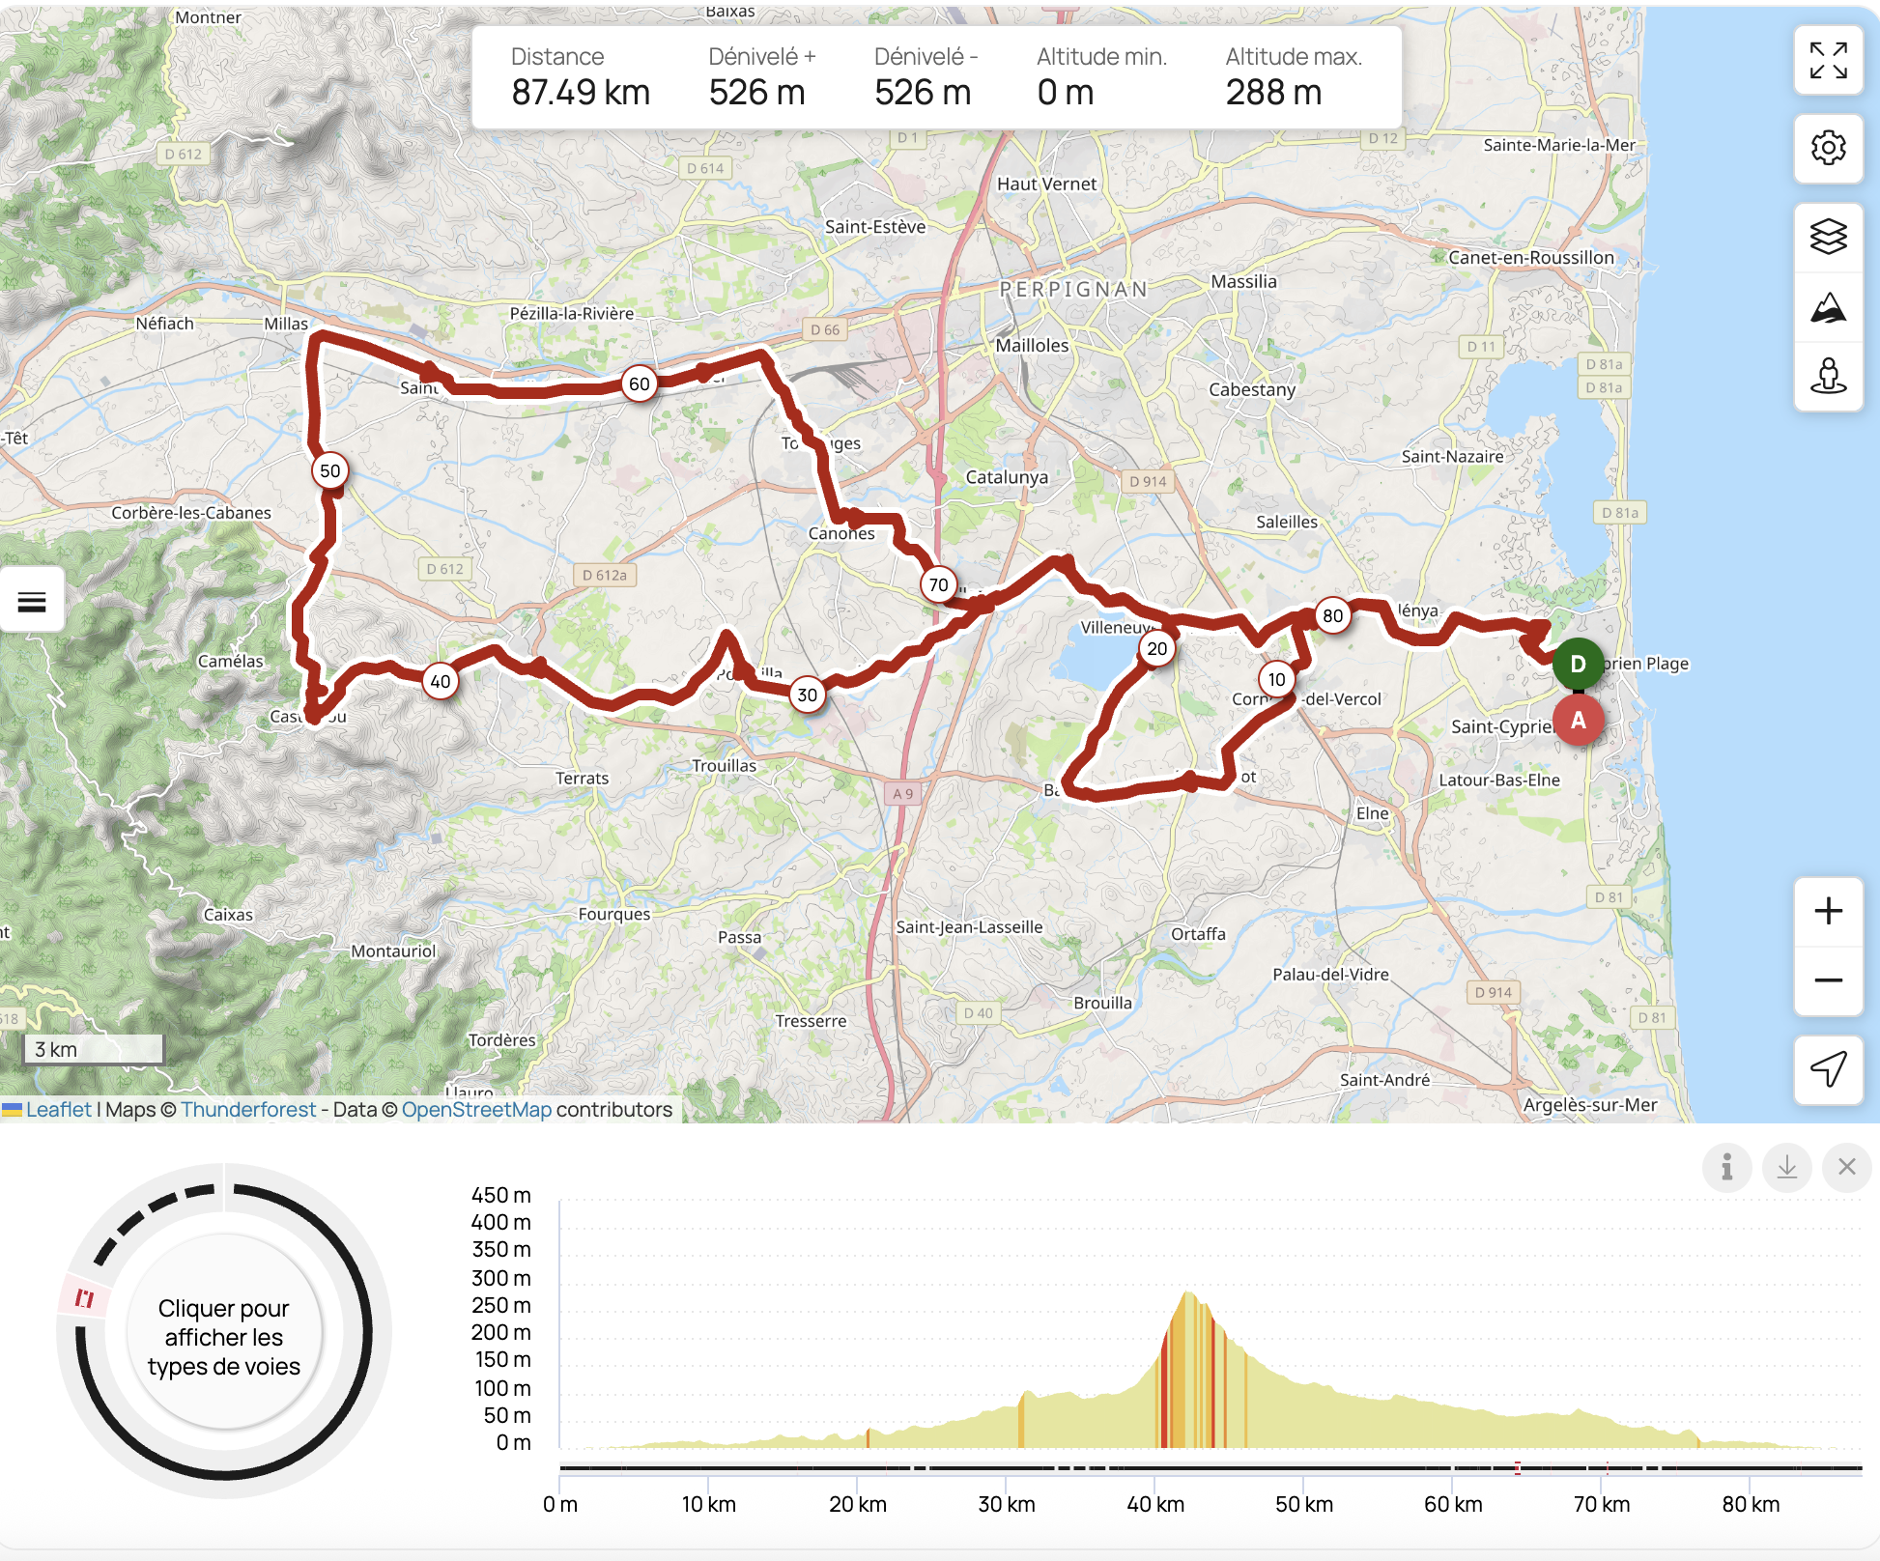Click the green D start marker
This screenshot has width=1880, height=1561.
(x=1578, y=664)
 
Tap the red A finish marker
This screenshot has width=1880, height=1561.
(x=1579, y=720)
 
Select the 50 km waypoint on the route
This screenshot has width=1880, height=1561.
(x=330, y=470)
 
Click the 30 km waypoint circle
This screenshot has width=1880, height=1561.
(x=808, y=695)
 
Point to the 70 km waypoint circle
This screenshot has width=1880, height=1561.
(x=938, y=584)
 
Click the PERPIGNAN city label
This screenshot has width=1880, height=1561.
(x=1073, y=289)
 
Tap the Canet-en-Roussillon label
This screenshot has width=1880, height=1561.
(x=1530, y=258)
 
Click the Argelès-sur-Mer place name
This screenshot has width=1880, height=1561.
(x=1589, y=1104)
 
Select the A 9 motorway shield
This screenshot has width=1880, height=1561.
(x=902, y=794)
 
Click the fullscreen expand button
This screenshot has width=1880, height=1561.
(x=1828, y=61)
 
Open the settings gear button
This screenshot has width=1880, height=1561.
(x=1828, y=148)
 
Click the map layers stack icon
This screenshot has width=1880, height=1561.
(x=1828, y=237)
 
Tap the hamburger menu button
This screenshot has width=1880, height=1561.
(x=32, y=601)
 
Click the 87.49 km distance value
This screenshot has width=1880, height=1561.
(x=581, y=93)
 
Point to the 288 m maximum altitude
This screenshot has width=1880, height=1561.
(x=1273, y=93)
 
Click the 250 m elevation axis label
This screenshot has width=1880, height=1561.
(x=501, y=1305)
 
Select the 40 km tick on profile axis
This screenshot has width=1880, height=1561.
(x=1155, y=1504)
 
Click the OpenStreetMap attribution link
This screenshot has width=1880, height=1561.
(x=476, y=1109)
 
